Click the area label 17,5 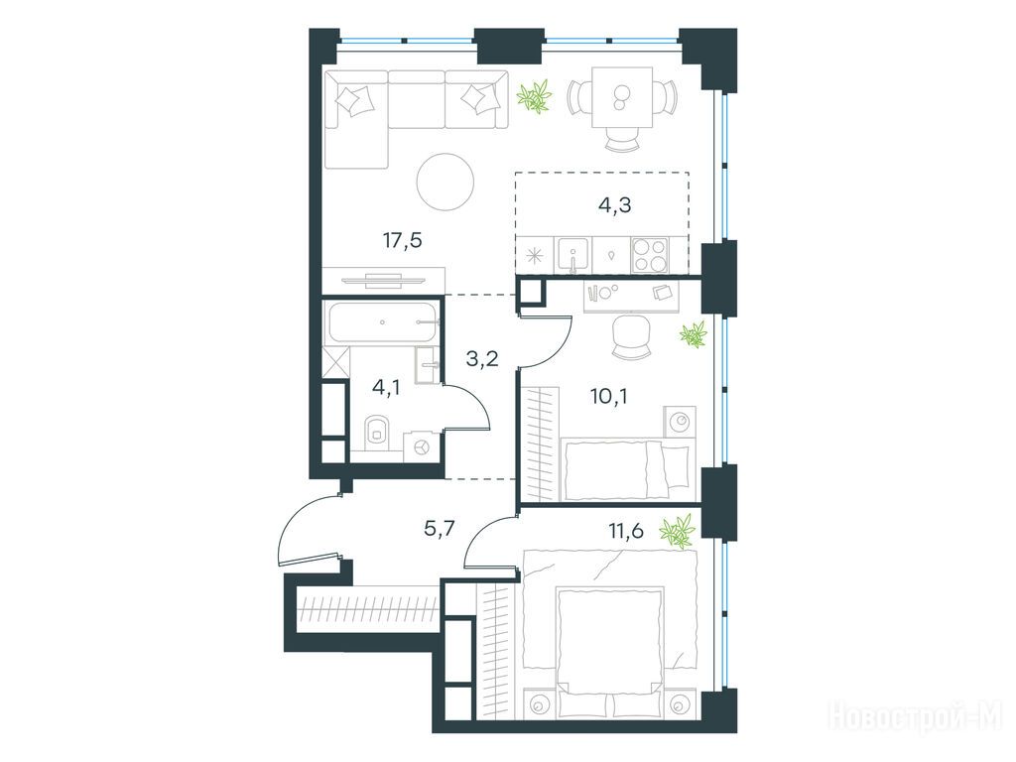(403, 241)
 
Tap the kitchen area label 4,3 (614, 205)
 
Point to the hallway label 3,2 (482, 357)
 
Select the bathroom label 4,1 (386, 388)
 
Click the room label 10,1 (608, 396)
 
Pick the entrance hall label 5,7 (440, 530)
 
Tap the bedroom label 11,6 (626, 532)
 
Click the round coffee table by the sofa (445, 182)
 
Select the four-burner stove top (650, 255)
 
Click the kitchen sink (572, 255)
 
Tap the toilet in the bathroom (376, 433)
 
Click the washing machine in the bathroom (421, 447)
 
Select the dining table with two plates (621, 97)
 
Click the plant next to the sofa (535, 96)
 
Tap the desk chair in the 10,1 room (631, 335)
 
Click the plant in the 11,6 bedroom (678, 532)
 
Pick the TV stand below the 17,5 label (383, 280)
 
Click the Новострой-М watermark (915, 717)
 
